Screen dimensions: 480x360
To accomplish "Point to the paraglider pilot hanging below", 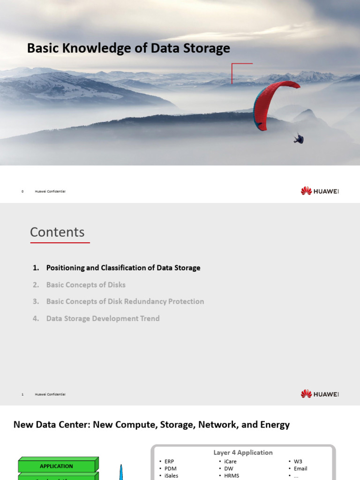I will pos(299,139).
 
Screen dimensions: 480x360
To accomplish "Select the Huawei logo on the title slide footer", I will pos(319,191).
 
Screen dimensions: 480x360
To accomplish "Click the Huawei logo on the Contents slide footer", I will pos(319,394).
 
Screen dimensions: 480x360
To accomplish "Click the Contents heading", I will pos(57,232).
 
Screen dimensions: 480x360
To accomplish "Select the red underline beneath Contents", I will pos(60,243).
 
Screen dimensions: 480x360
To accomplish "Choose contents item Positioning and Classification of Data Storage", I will pos(123,268).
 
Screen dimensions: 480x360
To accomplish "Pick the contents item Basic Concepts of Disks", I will pos(86,285).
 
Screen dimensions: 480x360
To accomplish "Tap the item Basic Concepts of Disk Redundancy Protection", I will pos(125,301).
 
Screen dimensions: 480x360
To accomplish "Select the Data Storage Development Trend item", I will pos(103,318).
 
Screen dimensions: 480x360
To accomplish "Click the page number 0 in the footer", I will pos(22,191).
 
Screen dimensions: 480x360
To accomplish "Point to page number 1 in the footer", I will pos(22,394).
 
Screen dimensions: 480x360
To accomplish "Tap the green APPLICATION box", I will pos(57,466).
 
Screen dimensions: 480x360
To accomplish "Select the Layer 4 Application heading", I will pos(243,452).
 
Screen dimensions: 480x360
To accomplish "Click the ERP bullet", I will pos(169,461).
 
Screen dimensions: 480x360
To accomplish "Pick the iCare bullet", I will pos(230,461).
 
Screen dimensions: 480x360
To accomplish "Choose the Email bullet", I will pos(300,468).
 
